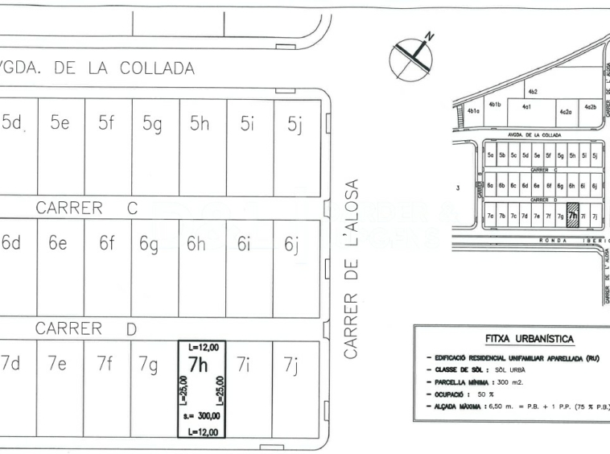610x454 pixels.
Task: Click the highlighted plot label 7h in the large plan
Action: (x=199, y=364)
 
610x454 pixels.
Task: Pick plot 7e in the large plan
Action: (x=56, y=364)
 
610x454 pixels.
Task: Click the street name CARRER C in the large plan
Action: (x=87, y=208)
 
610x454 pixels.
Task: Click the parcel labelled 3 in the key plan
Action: (x=457, y=188)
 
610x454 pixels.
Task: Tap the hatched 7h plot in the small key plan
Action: (x=572, y=217)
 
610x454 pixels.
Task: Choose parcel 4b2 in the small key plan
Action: (x=533, y=93)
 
